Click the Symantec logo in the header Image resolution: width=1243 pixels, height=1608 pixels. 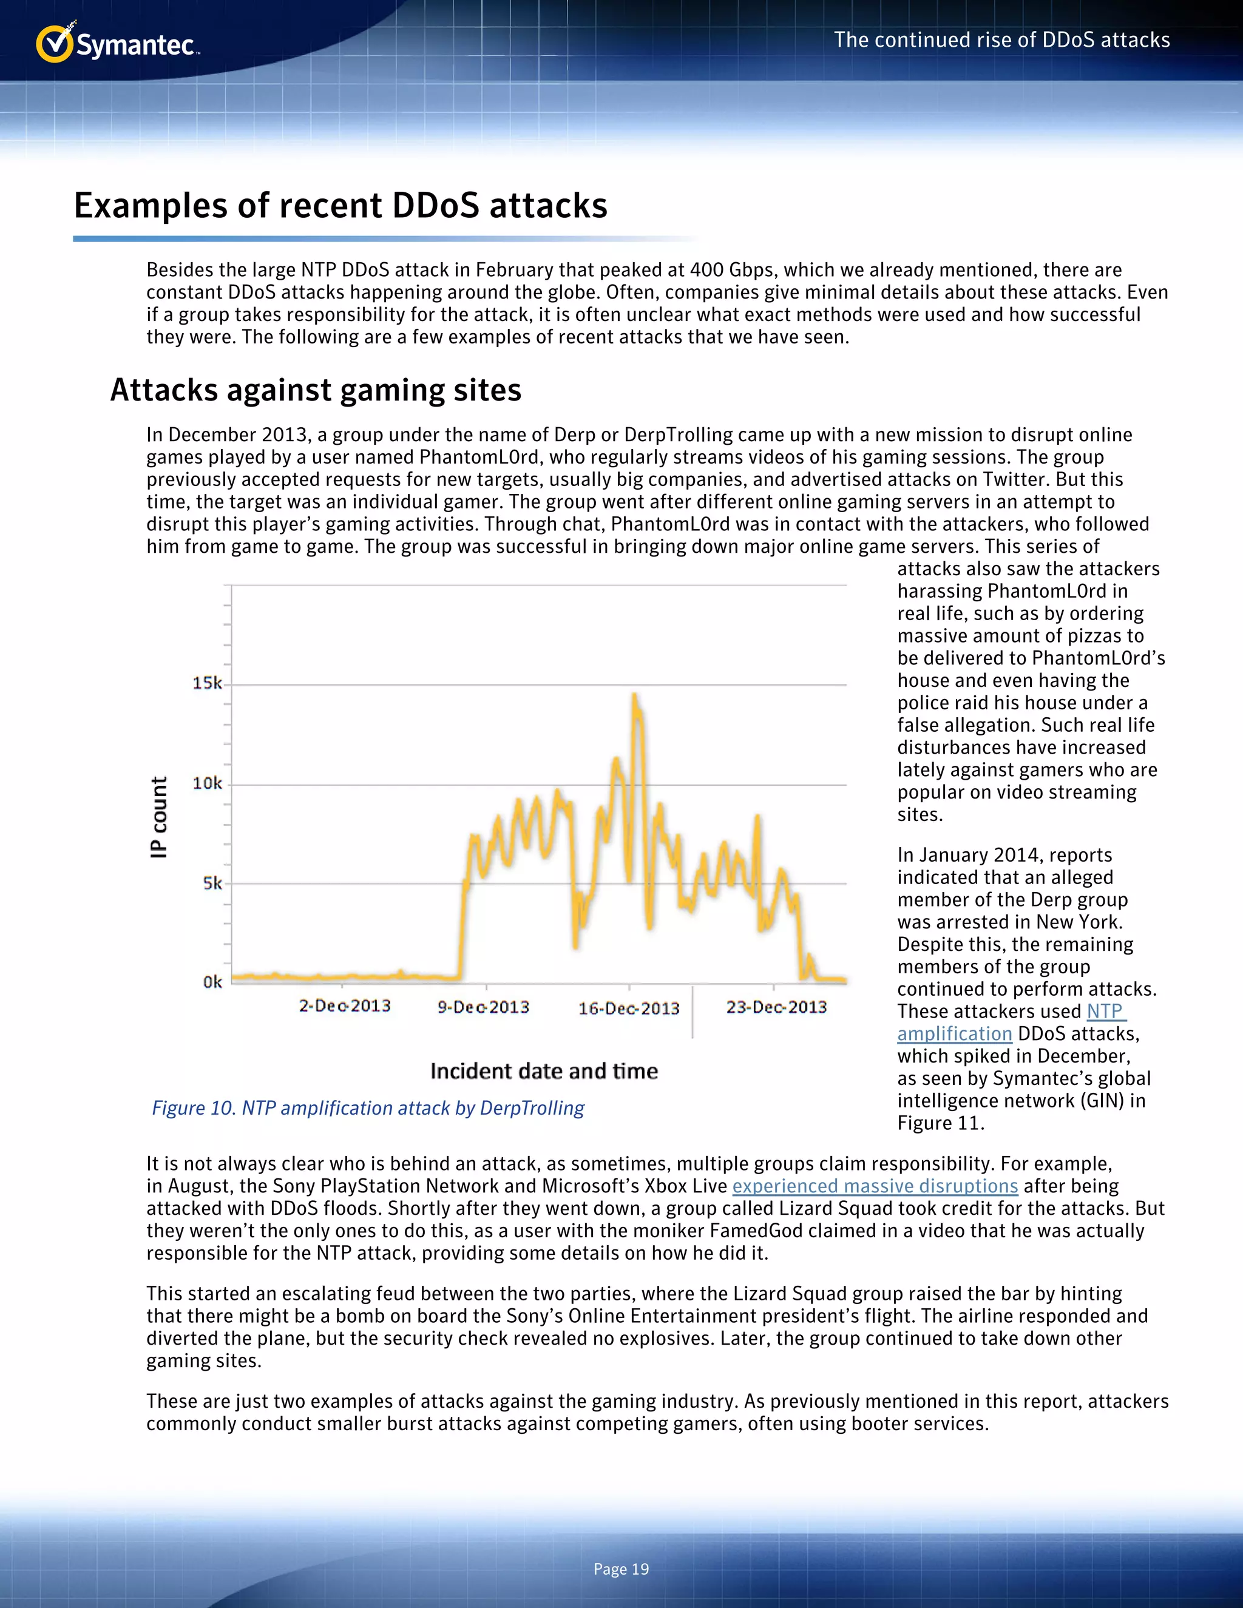pos(118,44)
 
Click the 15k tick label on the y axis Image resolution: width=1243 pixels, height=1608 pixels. pos(207,683)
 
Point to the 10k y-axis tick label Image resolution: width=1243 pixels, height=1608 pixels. pos(207,783)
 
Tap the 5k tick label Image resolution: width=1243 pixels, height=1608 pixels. pos(212,883)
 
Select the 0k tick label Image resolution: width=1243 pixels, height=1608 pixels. pos(212,982)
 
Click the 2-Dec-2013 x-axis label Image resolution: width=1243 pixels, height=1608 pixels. pos(345,1005)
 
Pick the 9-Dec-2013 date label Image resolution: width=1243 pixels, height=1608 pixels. pos(483,1007)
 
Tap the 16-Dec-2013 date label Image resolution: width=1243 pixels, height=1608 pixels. pos(629,1008)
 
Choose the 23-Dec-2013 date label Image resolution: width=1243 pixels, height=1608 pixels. pos(776,1007)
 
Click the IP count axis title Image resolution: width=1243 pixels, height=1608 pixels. pos(159,817)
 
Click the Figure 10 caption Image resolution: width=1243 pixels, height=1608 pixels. pos(367,1108)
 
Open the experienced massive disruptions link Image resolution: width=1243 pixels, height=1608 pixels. pos(875,1186)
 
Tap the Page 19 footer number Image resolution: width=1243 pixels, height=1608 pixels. pos(621,1569)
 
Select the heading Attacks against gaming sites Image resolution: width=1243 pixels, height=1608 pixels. pos(316,390)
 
